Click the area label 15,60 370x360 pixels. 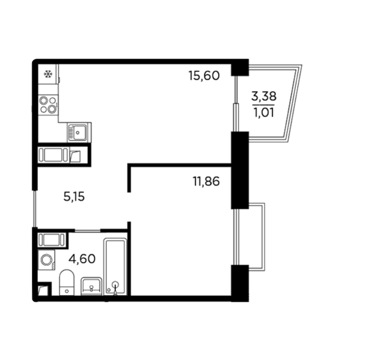204,76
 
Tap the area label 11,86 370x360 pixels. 206,182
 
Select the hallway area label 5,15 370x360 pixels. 74,196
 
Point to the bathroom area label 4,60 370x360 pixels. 82,259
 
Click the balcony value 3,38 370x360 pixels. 264,96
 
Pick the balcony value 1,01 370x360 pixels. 264,112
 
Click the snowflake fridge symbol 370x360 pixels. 48,74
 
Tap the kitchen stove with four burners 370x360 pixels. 48,105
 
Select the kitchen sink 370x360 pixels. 79,132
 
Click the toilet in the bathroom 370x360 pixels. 67,282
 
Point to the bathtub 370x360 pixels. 115,266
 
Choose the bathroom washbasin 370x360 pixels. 91,286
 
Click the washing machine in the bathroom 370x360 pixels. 46,260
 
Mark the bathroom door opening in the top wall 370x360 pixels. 88,230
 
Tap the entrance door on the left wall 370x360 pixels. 35,209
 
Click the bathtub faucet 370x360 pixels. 115,287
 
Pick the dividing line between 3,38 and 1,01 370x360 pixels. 263,105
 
